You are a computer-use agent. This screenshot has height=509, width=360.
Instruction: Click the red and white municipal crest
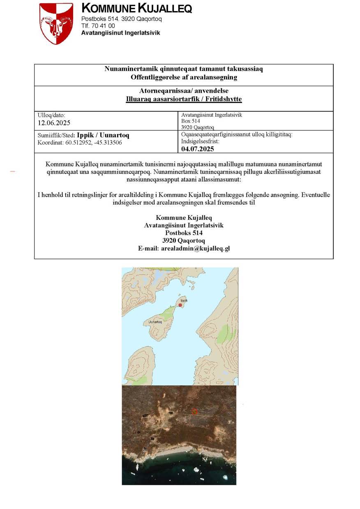click(x=56, y=23)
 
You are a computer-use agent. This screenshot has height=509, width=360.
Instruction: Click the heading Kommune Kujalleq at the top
click(x=136, y=8)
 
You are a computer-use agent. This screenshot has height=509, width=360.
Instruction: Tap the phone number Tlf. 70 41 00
click(x=98, y=26)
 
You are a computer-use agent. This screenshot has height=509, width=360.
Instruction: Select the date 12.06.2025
click(x=54, y=123)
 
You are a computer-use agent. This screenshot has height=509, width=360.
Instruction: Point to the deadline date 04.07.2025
click(x=198, y=149)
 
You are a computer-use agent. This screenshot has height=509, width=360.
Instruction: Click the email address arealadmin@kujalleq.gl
click(x=195, y=249)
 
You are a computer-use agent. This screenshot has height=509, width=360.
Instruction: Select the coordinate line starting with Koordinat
click(x=79, y=143)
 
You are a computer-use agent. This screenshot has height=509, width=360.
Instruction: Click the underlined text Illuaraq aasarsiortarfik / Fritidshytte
click(x=184, y=99)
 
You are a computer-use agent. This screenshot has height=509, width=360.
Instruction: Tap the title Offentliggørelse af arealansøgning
click(x=184, y=77)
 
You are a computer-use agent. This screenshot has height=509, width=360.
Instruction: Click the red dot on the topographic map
click(x=180, y=305)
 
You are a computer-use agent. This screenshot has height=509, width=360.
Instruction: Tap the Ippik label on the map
click(x=184, y=301)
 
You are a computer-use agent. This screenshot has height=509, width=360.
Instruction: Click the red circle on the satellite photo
click(x=195, y=412)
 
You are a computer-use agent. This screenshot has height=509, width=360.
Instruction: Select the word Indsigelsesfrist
click(x=200, y=141)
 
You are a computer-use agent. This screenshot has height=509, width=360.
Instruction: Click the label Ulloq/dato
click(x=51, y=115)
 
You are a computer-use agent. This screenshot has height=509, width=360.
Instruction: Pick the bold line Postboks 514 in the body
click(x=184, y=233)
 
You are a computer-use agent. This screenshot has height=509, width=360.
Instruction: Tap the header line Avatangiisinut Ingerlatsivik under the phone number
click(x=120, y=33)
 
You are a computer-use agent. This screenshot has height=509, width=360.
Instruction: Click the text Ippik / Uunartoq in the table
click(x=103, y=135)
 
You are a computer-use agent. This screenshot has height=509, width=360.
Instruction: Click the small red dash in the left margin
click(x=12, y=171)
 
